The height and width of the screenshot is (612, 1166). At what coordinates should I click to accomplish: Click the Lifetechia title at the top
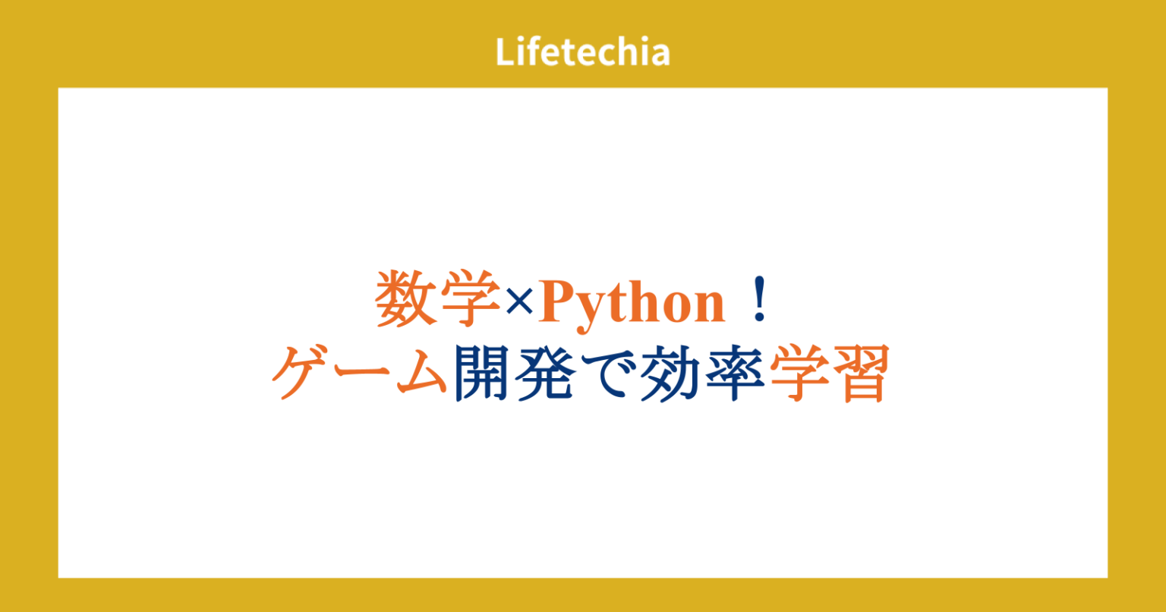pyautogui.click(x=582, y=52)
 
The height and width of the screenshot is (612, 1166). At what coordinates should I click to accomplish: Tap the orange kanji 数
pyautogui.click(x=403, y=300)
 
